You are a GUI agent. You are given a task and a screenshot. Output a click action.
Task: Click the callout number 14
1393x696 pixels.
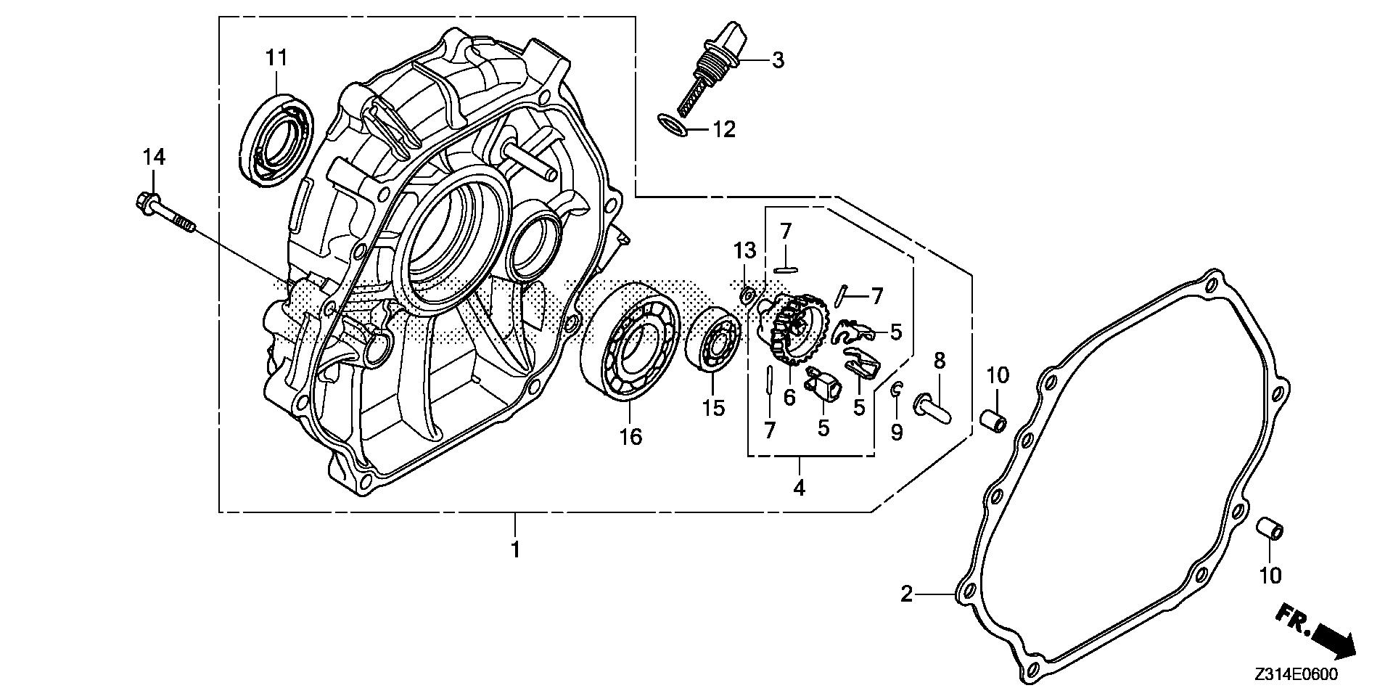pyautogui.click(x=154, y=156)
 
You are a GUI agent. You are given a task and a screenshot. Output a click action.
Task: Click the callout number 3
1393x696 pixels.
pyautogui.click(x=778, y=60)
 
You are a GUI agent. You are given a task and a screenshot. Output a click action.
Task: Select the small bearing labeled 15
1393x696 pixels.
pyautogui.click(x=713, y=339)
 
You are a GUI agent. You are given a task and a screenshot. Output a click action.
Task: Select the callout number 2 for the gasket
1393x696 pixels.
pyautogui.click(x=906, y=595)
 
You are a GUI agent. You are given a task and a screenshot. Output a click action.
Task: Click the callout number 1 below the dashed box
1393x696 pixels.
pyautogui.click(x=515, y=549)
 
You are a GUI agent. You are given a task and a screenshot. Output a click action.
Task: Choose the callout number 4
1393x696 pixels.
pyautogui.click(x=799, y=488)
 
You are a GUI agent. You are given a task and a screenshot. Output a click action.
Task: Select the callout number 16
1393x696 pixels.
pyautogui.click(x=630, y=437)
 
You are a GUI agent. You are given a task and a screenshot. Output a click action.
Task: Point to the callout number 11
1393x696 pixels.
pyautogui.click(x=276, y=58)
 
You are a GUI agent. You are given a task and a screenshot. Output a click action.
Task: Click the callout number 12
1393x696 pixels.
pyautogui.click(x=724, y=130)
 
